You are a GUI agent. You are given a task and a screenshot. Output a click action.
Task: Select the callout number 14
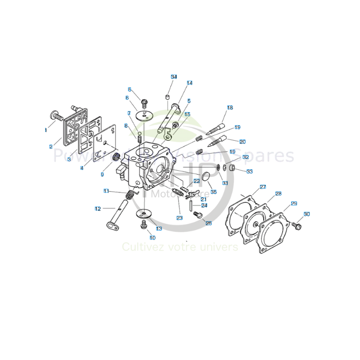189,83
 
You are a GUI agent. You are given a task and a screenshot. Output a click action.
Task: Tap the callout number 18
230,108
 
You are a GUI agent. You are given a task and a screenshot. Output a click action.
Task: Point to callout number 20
243,141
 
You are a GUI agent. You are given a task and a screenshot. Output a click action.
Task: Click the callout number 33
250,171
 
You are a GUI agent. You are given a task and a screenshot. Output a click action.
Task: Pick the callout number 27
263,187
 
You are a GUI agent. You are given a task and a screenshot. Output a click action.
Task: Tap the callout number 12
98,208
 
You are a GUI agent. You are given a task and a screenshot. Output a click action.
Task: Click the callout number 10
153,237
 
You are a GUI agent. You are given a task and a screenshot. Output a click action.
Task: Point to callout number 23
180,218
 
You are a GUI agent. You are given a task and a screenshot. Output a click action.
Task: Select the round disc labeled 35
205,177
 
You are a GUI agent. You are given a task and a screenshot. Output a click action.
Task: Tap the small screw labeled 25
197,215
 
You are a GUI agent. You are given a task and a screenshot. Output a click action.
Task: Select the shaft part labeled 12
118,214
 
